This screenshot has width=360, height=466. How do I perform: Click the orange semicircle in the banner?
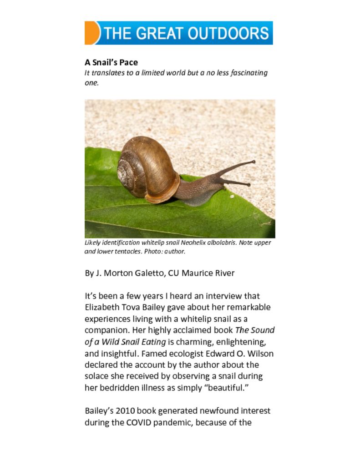pos(91,33)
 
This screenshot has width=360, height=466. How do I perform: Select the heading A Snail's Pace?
pos(111,62)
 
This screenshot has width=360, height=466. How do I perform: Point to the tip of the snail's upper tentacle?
pos(253,162)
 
